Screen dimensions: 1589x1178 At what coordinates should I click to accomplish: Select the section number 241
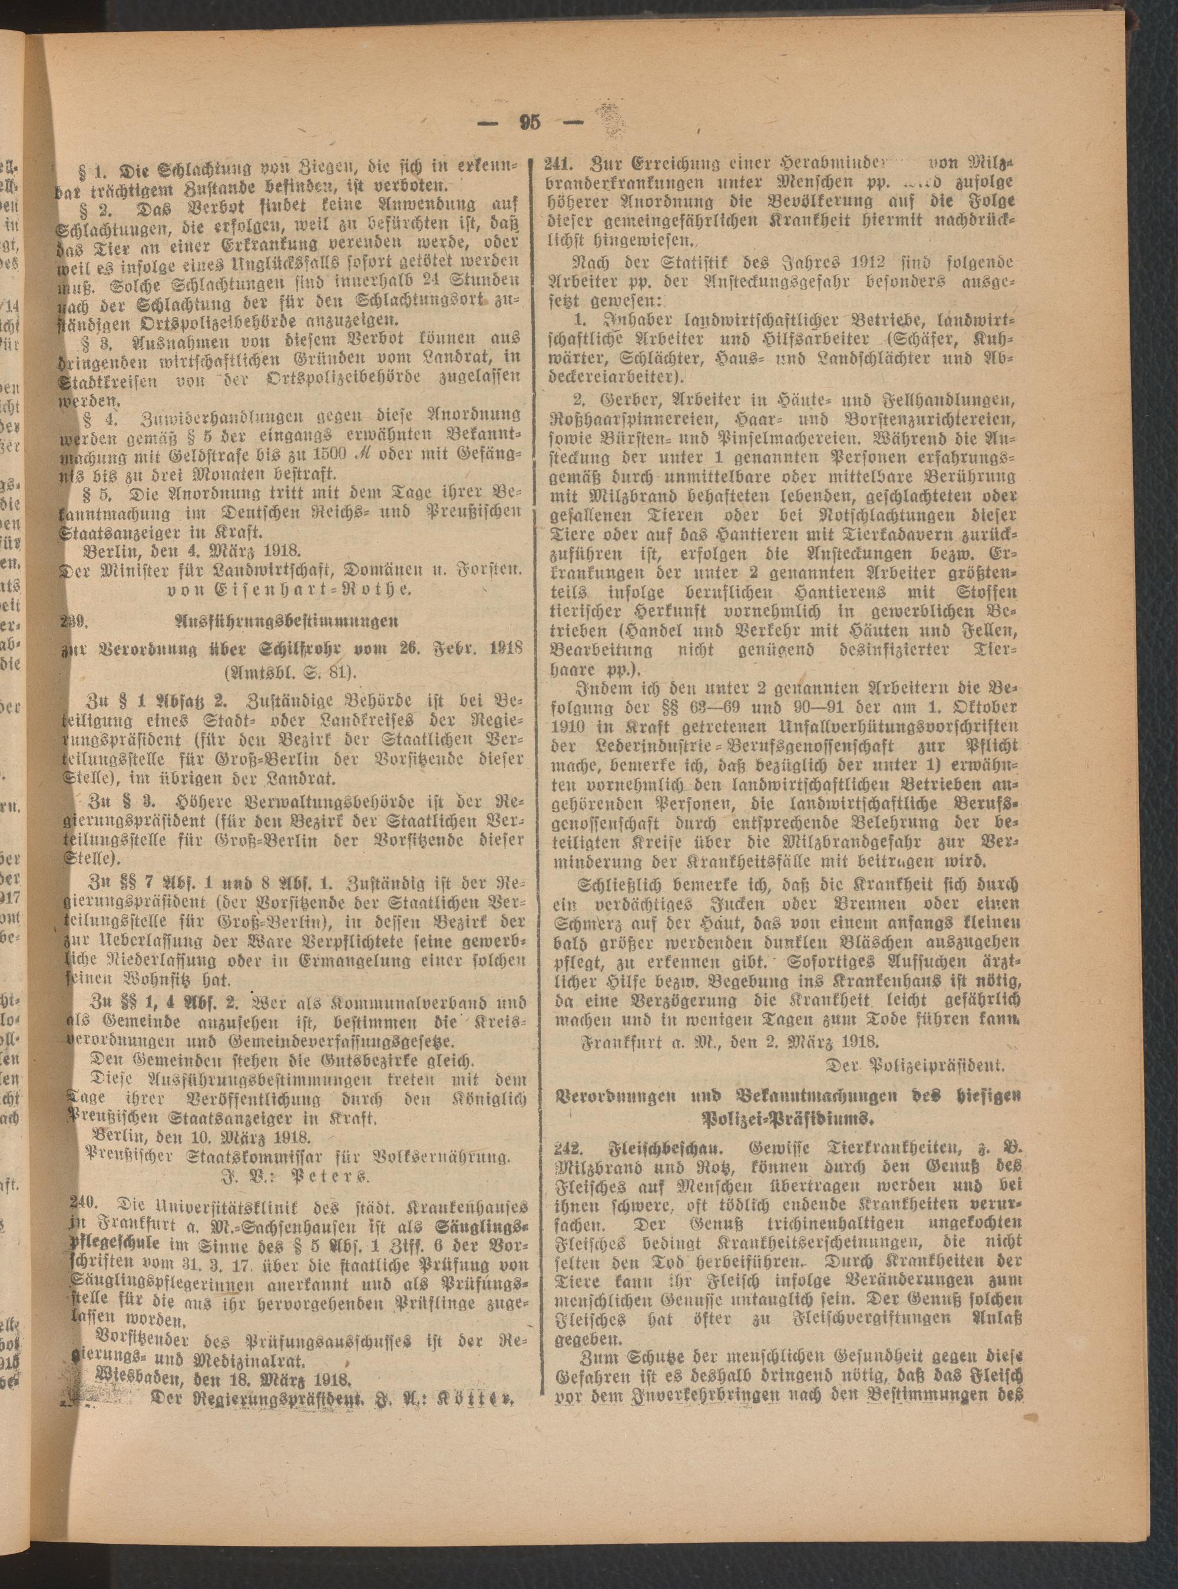click(558, 161)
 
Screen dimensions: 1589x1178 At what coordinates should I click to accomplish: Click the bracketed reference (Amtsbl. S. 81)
click(292, 674)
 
